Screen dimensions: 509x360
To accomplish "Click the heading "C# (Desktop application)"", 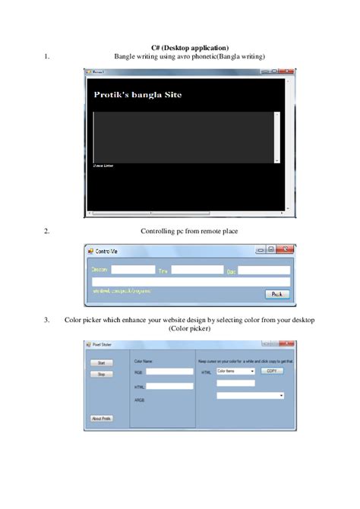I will pos(180,48).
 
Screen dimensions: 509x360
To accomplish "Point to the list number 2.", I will pos(47,230).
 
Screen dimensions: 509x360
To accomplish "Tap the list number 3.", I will pos(47,320).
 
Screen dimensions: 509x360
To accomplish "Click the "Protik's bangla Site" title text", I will pos(137,95).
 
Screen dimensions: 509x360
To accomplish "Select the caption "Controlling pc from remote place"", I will pos(189,230).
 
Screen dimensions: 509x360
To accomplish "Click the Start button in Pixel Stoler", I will pos(101,364).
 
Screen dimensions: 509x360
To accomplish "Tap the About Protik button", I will pos(103,418).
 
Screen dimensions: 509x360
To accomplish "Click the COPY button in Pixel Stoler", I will pos(273,371).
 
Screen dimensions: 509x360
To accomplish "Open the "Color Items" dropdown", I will pos(235,371).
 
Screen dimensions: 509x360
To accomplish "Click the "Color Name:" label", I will pos(144,361).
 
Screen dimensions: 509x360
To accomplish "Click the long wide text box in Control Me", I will pos(190,282).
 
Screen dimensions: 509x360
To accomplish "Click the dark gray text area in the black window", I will pos(182,137).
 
